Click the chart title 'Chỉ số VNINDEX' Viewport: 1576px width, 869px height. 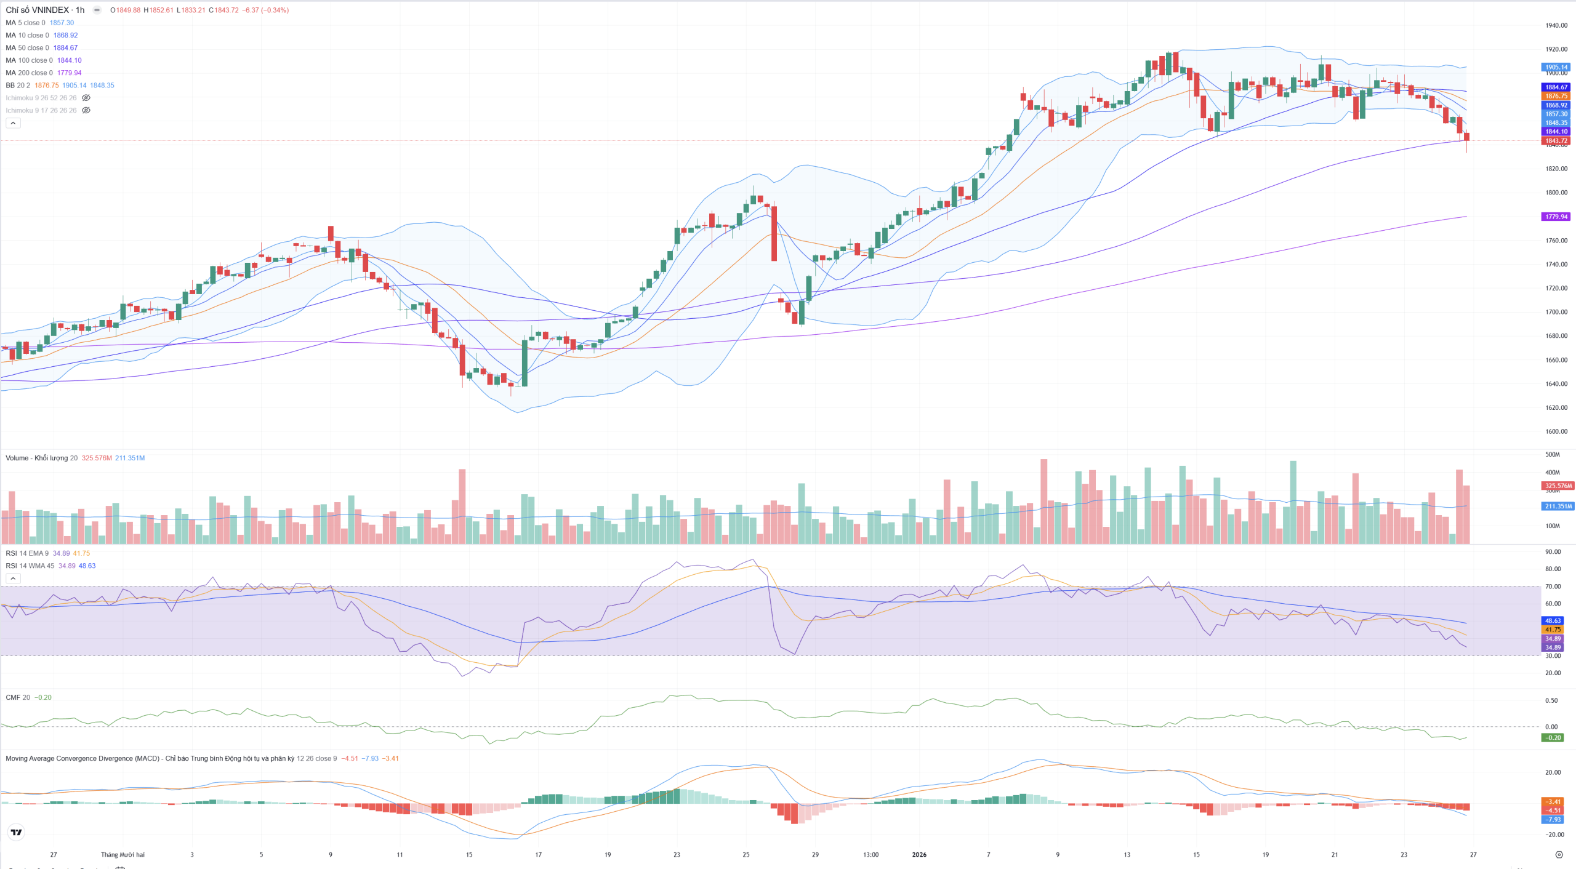37,10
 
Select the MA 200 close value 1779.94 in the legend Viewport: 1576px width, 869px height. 69,73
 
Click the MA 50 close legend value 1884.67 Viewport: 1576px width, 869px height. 65,47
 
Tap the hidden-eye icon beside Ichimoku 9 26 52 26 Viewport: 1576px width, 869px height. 86,98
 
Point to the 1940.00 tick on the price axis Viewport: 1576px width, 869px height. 1556,25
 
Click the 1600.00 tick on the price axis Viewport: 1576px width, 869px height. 1556,431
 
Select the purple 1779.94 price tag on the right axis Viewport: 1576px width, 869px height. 1556,217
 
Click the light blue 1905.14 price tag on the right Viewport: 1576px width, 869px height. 1556,67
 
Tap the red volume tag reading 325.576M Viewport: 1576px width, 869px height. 1558,486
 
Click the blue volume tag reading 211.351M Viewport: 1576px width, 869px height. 1558,506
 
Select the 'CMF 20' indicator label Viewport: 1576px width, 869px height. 17,697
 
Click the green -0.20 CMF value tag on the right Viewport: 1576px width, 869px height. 1553,737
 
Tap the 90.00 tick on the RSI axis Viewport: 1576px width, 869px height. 1553,551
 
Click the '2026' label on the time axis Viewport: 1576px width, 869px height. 919,854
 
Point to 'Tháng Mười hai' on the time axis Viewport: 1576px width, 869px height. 123,854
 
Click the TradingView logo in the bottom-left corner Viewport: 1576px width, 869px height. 17,832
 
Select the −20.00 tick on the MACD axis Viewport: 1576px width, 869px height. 1553,835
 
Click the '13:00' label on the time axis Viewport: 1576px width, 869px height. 870,854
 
